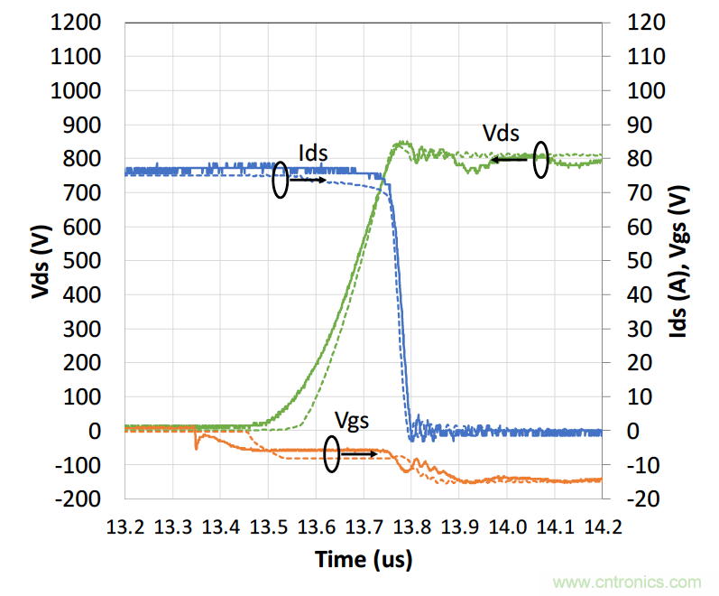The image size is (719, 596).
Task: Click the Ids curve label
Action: click(x=313, y=152)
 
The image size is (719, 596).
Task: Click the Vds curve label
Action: click(x=501, y=134)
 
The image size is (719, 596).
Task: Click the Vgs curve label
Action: click(x=352, y=420)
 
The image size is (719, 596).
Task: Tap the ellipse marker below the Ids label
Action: click(x=281, y=181)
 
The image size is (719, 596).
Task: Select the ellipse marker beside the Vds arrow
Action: click(x=540, y=160)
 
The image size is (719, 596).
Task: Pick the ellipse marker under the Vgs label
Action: click(x=332, y=453)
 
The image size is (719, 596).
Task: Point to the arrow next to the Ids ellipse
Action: click(x=308, y=181)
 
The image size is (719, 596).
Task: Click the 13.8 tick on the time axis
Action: click(x=410, y=526)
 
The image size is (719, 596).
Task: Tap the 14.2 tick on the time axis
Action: click(x=601, y=526)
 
